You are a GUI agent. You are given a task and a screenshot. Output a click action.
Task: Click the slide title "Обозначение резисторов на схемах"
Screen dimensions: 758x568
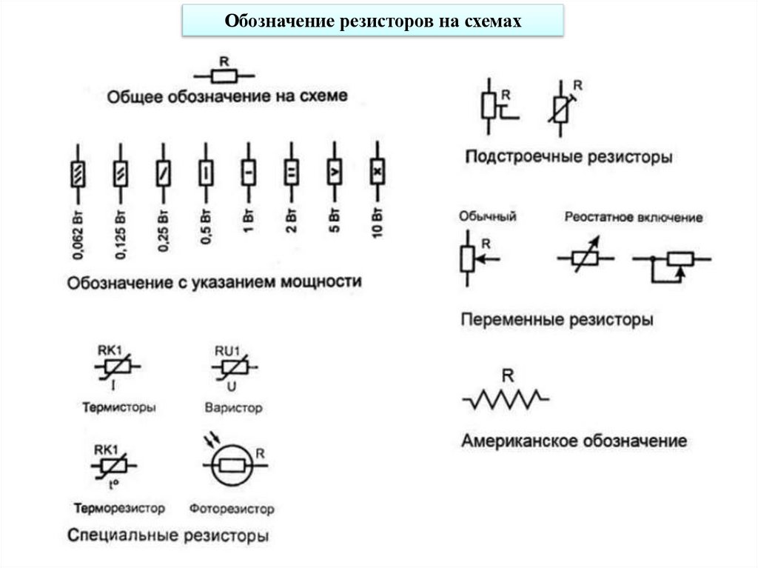click(373, 21)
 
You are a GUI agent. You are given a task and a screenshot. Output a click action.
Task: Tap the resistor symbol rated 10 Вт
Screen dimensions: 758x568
click(378, 172)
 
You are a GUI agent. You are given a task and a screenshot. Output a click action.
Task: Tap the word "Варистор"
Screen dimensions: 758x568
click(233, 408)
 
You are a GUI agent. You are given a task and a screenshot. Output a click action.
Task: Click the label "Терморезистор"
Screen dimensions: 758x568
click(119, 509)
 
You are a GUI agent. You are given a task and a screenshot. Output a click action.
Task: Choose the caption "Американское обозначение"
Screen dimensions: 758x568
click(574, 441)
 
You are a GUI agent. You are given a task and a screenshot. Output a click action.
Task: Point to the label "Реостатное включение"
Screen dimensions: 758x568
click(633, 218)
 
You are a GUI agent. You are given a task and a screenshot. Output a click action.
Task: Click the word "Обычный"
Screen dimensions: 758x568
click(487, 217)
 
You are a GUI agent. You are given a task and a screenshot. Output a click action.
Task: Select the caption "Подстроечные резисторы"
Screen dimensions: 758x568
click(568, 157)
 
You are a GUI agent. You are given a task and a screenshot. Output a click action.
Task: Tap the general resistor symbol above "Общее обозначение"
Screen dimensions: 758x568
click(224, 76)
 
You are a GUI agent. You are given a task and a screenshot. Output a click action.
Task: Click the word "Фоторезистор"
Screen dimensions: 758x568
click(232, 509)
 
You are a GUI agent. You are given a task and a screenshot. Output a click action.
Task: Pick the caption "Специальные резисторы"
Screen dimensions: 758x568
click(167, 535)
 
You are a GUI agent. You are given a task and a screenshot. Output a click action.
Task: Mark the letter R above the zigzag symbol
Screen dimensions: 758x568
click(507, 375)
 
